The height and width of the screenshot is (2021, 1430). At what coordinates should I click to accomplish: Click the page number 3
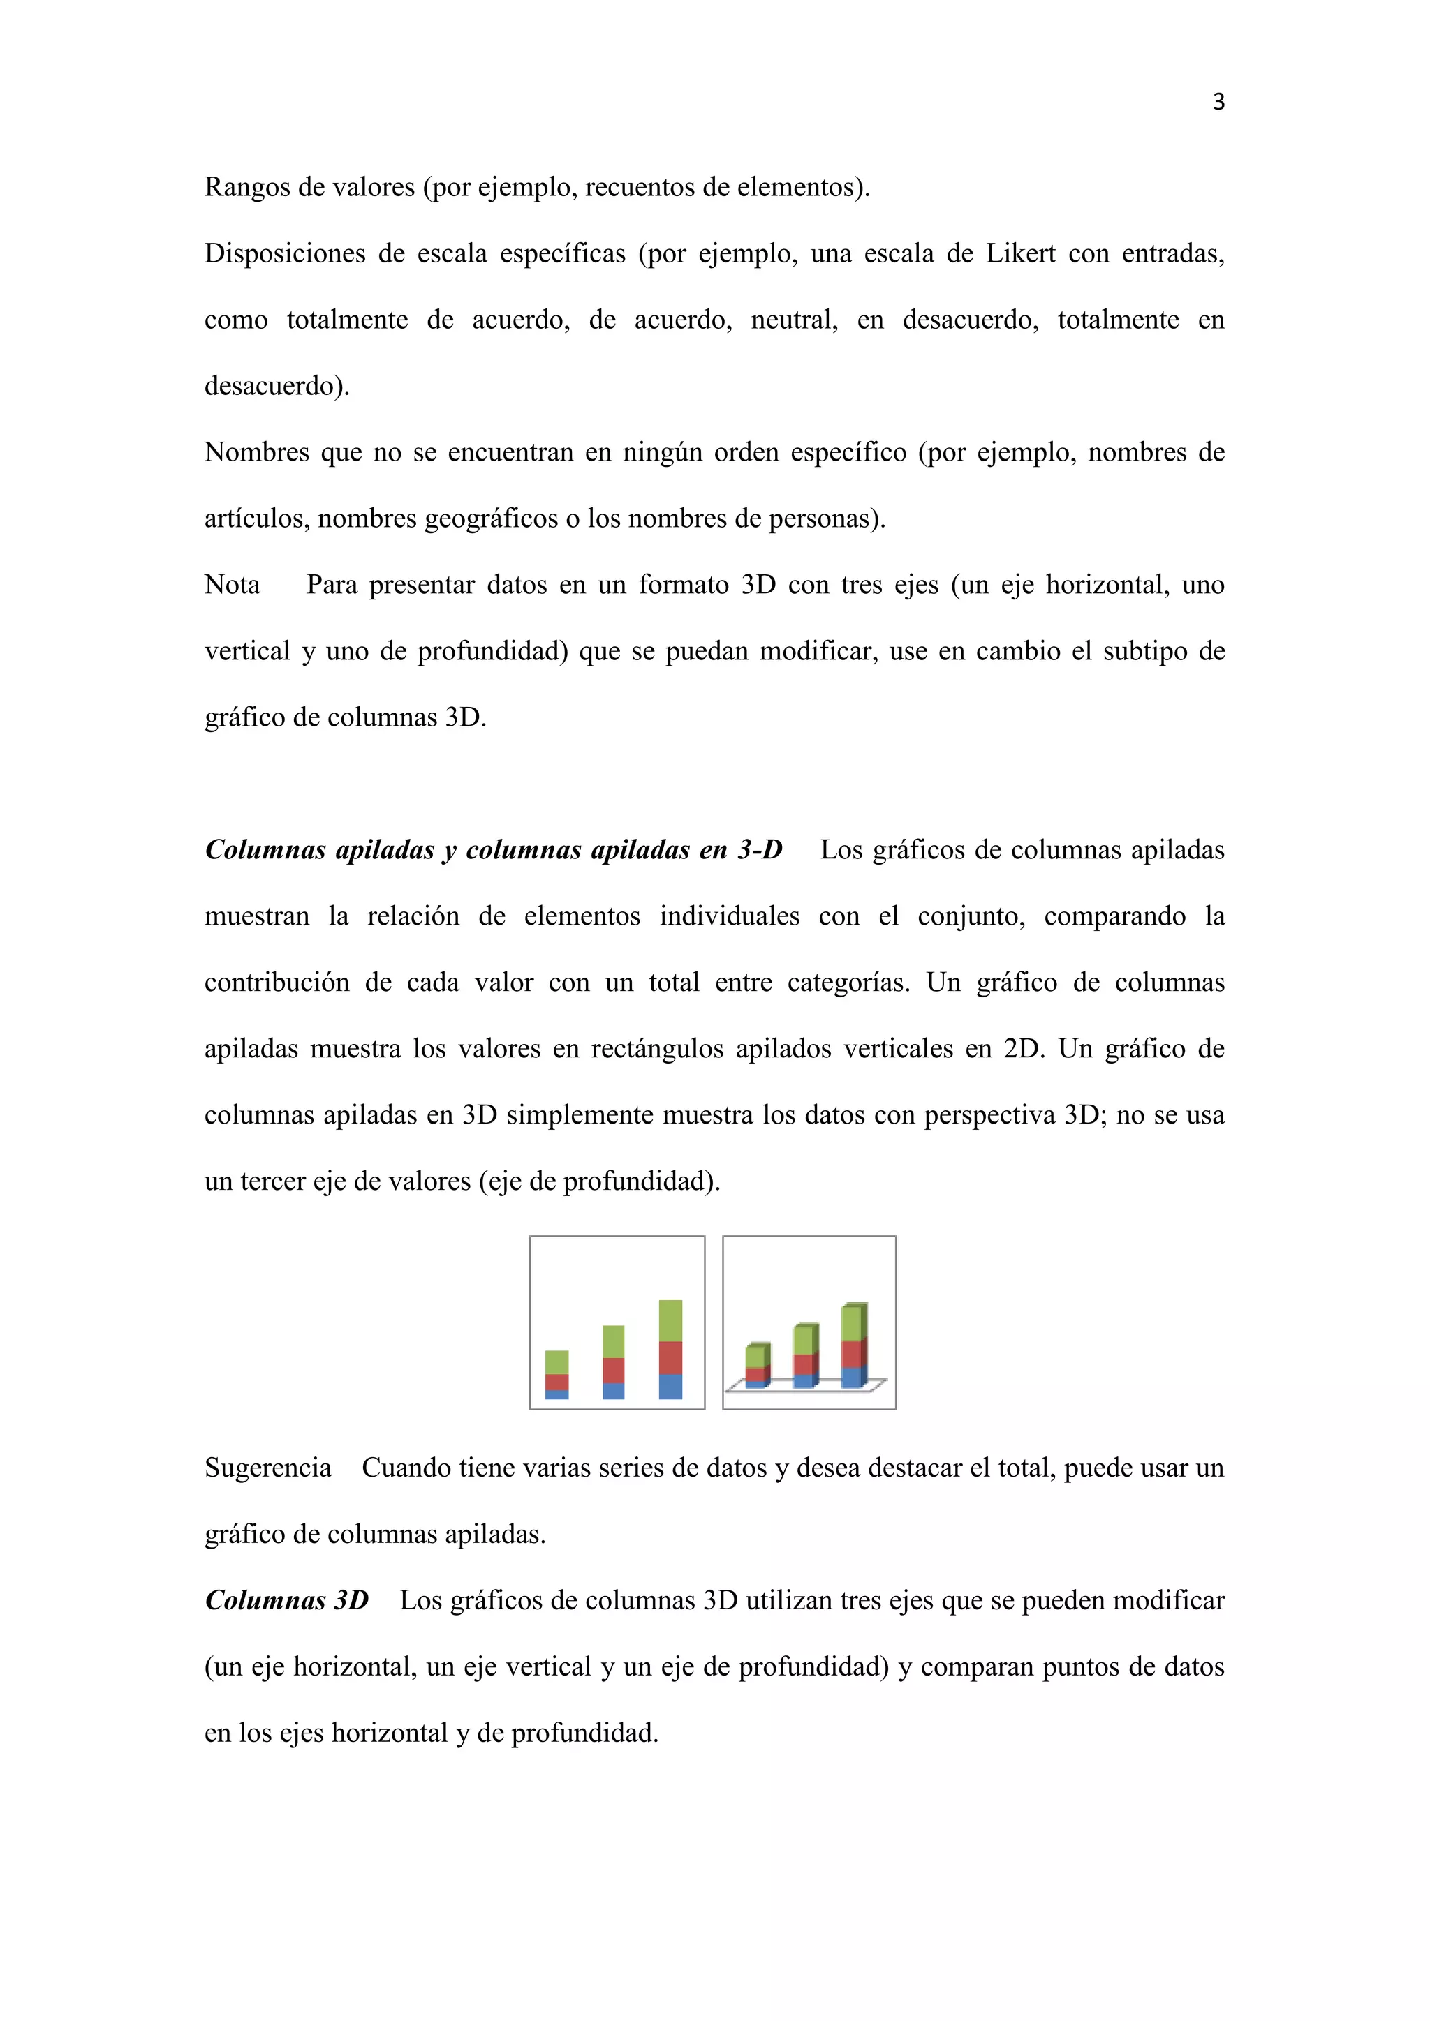pos(1218,102)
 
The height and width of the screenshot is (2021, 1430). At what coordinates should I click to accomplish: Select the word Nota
pos(233,586)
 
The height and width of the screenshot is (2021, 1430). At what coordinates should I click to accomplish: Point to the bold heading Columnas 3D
pos(287,1600)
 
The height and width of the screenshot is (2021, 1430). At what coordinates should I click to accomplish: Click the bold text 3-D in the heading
pos(760,850)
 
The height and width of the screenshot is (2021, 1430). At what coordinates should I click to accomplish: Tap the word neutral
pos(793,320)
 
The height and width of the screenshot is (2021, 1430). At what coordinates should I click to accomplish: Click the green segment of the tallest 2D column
pos(670,1320)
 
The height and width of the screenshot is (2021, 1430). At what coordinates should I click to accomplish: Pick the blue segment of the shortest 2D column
pos(556,1394)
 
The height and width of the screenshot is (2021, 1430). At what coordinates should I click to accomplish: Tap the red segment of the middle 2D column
pos(613,1371)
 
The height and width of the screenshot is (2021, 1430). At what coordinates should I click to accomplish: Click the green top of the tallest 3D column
pos(853,1323)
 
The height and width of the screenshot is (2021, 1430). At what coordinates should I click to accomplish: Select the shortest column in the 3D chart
pos(756,1366)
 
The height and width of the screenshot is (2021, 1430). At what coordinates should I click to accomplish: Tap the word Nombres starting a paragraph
pos(256,452)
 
